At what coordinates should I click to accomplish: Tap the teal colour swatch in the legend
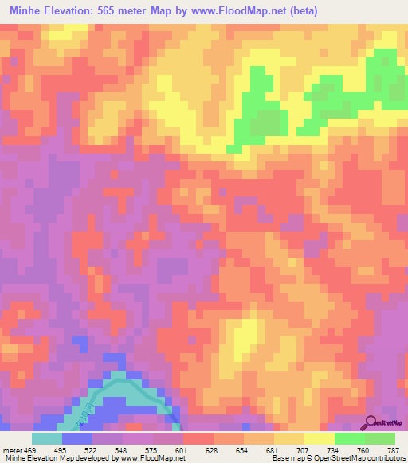tap(47, 438)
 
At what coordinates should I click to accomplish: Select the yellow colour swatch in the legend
tap(318, 438)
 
